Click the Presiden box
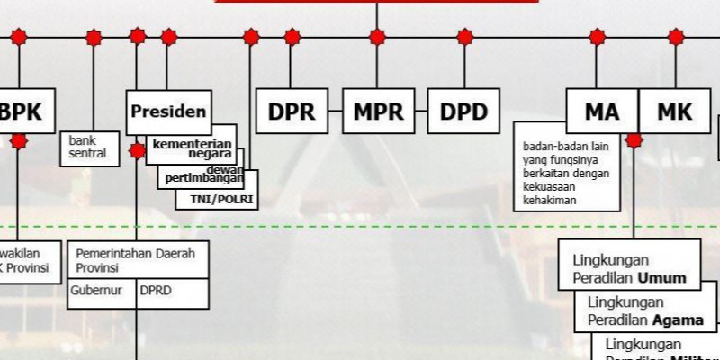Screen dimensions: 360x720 coord(169,112)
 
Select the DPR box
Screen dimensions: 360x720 coord(292,112)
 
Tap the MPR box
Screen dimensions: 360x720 coord(377,112)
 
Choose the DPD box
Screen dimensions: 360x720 coord(463,112)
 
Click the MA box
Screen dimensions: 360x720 coord(601,112)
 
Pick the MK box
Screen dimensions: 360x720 coord(674,112)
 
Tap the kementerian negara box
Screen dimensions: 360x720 coord(192,147)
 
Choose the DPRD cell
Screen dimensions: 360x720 coord(171,291)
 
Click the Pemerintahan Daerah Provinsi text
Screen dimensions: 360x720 coord(135,260)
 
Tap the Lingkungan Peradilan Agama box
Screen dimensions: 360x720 coord(645,311)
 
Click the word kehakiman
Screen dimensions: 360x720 coord(549,200)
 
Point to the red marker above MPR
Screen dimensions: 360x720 coord(377,37)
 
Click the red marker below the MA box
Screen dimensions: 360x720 coord(634,140)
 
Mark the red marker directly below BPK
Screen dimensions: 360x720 coord(20,140)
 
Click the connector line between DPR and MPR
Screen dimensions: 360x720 coord(335,112)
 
